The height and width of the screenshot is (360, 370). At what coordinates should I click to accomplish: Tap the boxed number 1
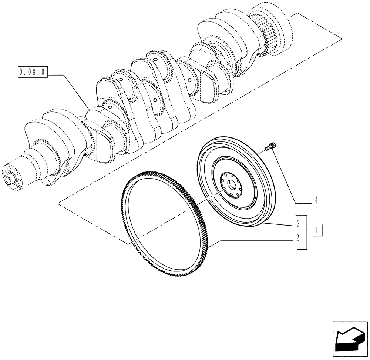click(x=318, y=230)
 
